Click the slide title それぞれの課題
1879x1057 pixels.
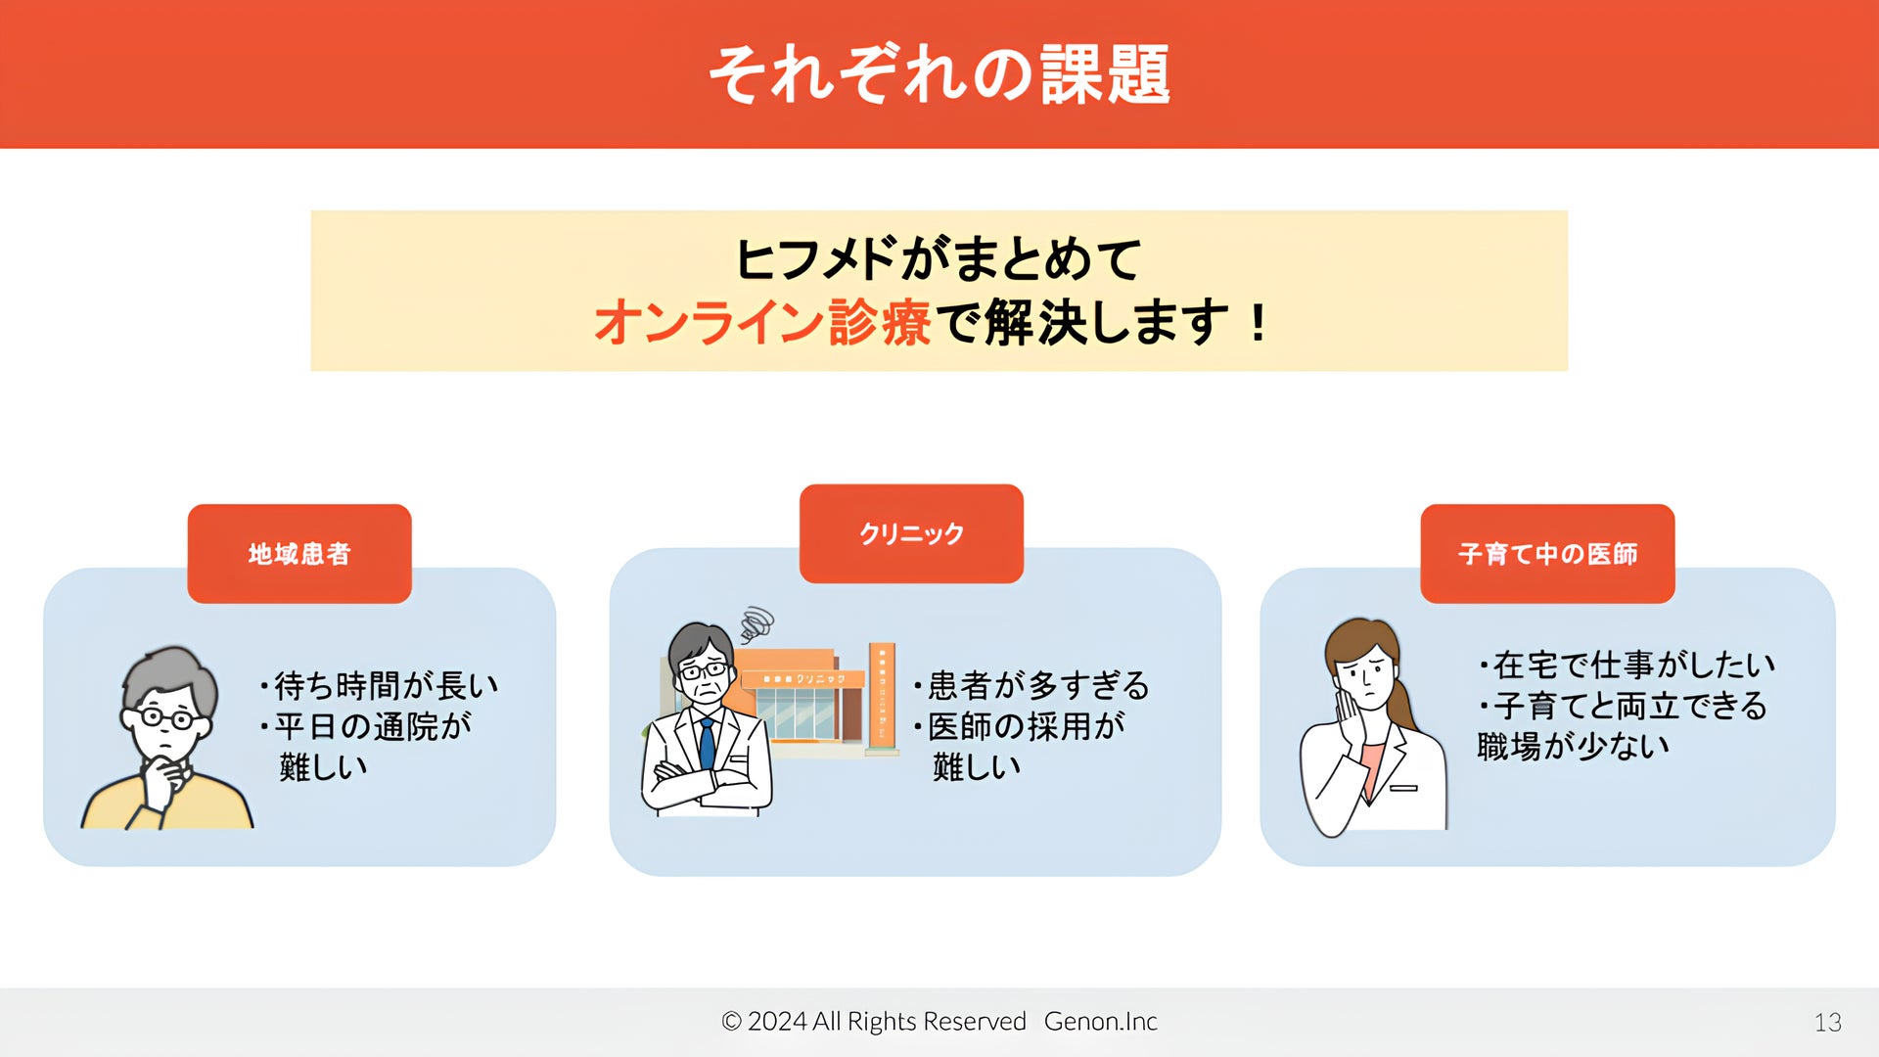click(x=939, y=74)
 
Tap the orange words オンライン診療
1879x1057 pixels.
click(x=762, y=323)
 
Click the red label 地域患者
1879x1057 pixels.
click(x=299, y=554)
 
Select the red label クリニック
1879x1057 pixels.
click(x=911, y=534)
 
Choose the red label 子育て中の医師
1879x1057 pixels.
click(x=1547, y=554)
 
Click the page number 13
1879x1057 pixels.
click(x=1827, y=1023)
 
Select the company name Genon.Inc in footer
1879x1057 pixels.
click(x=1101, y=1022)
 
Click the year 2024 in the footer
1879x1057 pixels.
click(x=777, y=1022)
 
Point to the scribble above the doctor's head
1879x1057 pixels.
click(x=756, y=623)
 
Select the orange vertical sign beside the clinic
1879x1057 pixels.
click(x=882, y=697)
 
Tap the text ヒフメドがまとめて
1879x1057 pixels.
click(x=939, y=259)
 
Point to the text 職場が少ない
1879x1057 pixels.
click(x=1573, y=746)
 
